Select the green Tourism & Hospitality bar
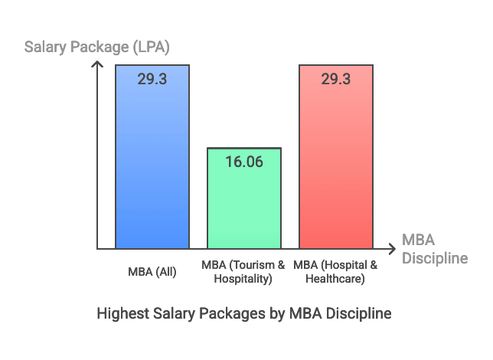(x=244, y=203)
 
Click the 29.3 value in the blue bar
(x=152, y=79)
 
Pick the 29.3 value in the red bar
(x=335, y=79)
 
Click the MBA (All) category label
(x=152, y=271)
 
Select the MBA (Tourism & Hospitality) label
(x=243, y=272)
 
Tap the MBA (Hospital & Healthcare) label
(x=335, y=272)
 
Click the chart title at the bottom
(x=244, y=313)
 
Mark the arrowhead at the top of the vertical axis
(x=97, y=64)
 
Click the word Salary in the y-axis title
(x=46, y=47)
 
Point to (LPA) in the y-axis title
(x=148, y=47)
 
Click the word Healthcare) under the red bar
(x=335, y=279)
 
